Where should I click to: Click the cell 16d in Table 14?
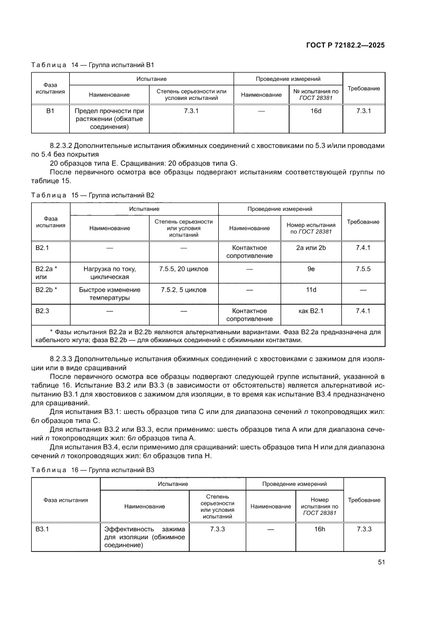[315, 111]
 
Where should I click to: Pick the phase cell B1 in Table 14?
[50, 111]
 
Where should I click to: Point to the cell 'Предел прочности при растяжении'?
[109, 119]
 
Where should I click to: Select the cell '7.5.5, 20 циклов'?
[183, 269]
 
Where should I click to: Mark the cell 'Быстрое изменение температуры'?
[109, 294]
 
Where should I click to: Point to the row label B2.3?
[43, 311]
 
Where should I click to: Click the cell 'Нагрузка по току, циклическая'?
[109, 273]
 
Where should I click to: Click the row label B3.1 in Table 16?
[43, 529]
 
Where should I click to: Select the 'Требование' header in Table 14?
[364, 88]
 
